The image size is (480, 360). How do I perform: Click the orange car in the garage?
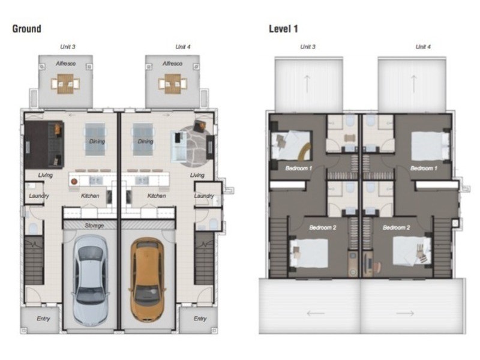[146, 280]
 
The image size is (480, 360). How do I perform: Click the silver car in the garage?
[91, 280]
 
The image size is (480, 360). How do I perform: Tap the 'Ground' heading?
[26, 29]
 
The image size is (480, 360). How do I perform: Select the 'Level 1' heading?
[283, 29]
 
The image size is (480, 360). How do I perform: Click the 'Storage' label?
[94, 226]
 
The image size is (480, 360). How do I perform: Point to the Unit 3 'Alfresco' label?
[66, 64]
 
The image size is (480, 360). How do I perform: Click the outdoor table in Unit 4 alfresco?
[173, 83]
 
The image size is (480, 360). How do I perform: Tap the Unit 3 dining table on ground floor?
[95, 140]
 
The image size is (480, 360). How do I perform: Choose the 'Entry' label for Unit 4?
[200, 319]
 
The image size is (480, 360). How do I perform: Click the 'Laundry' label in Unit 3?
[39, 196]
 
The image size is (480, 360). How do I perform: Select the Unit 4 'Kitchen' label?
[157, 196]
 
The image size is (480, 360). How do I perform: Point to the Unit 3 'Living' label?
[46, 175]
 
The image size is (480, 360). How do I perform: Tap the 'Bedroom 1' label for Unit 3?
[298, 168]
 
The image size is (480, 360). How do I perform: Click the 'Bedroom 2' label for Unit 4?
[397, 227]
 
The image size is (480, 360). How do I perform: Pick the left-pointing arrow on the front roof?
[316, 313]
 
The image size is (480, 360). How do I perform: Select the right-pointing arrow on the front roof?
[405, 313]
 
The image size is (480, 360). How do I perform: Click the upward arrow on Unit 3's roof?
[307, 83]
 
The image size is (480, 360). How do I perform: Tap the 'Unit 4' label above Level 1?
[423, 47]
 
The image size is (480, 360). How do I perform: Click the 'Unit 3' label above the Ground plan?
[68, 47]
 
